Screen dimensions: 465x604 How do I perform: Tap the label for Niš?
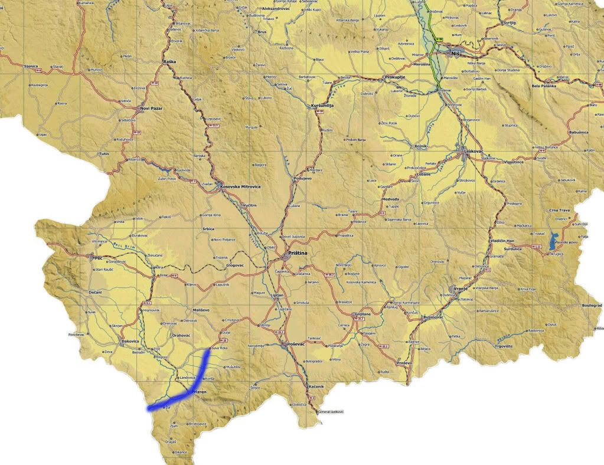coord(455,54)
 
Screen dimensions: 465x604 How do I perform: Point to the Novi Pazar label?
coord(151,109)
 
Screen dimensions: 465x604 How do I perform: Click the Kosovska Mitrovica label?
coord(240,186)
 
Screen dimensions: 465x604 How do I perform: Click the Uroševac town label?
coord(293,343)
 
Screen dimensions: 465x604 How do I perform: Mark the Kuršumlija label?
coord(322,105)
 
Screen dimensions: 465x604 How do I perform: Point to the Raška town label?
coord(169,61)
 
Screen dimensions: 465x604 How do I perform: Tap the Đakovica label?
coord(130,341)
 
